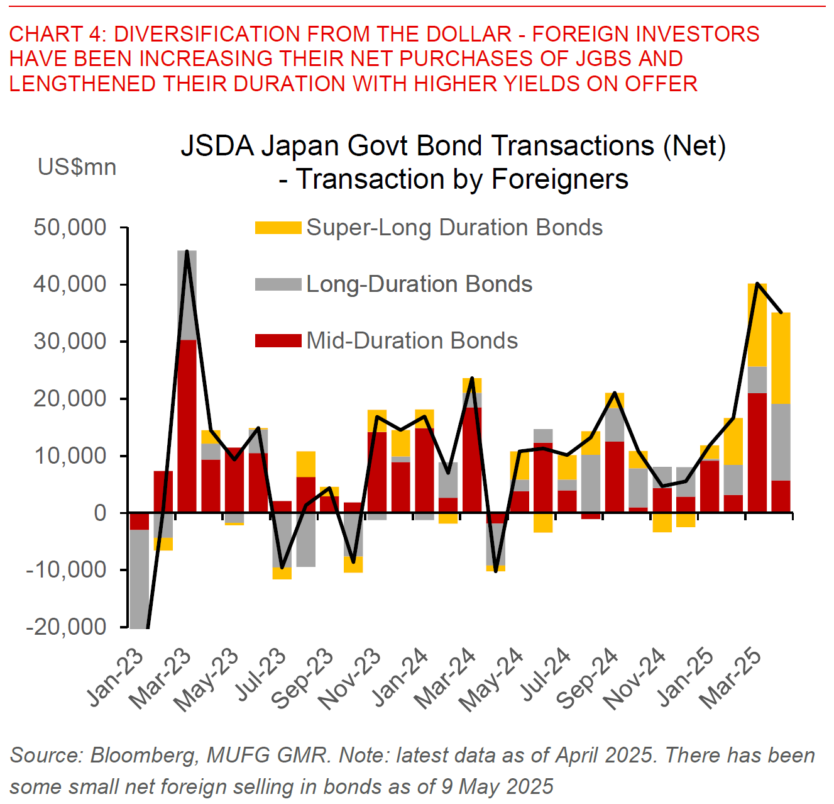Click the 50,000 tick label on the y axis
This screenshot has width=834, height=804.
[x=70, y=227]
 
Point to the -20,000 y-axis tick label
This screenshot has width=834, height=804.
[x=66, y=627]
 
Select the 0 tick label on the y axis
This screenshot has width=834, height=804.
[x=100, y=513]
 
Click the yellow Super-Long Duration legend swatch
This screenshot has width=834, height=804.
[x=278, y=227]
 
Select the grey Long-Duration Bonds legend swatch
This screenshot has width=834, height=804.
[x=278, y=284]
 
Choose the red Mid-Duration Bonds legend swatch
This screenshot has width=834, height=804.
[x=278, y=340]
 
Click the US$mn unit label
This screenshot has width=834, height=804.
[x=77, y=167]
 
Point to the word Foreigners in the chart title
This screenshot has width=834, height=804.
[x=560, y=179]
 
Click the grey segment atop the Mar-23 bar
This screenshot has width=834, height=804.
[x=187, y=295]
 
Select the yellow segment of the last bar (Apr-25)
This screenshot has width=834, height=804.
[x=781, y=358]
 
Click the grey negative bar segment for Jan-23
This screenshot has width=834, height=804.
[x=139, y=579]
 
